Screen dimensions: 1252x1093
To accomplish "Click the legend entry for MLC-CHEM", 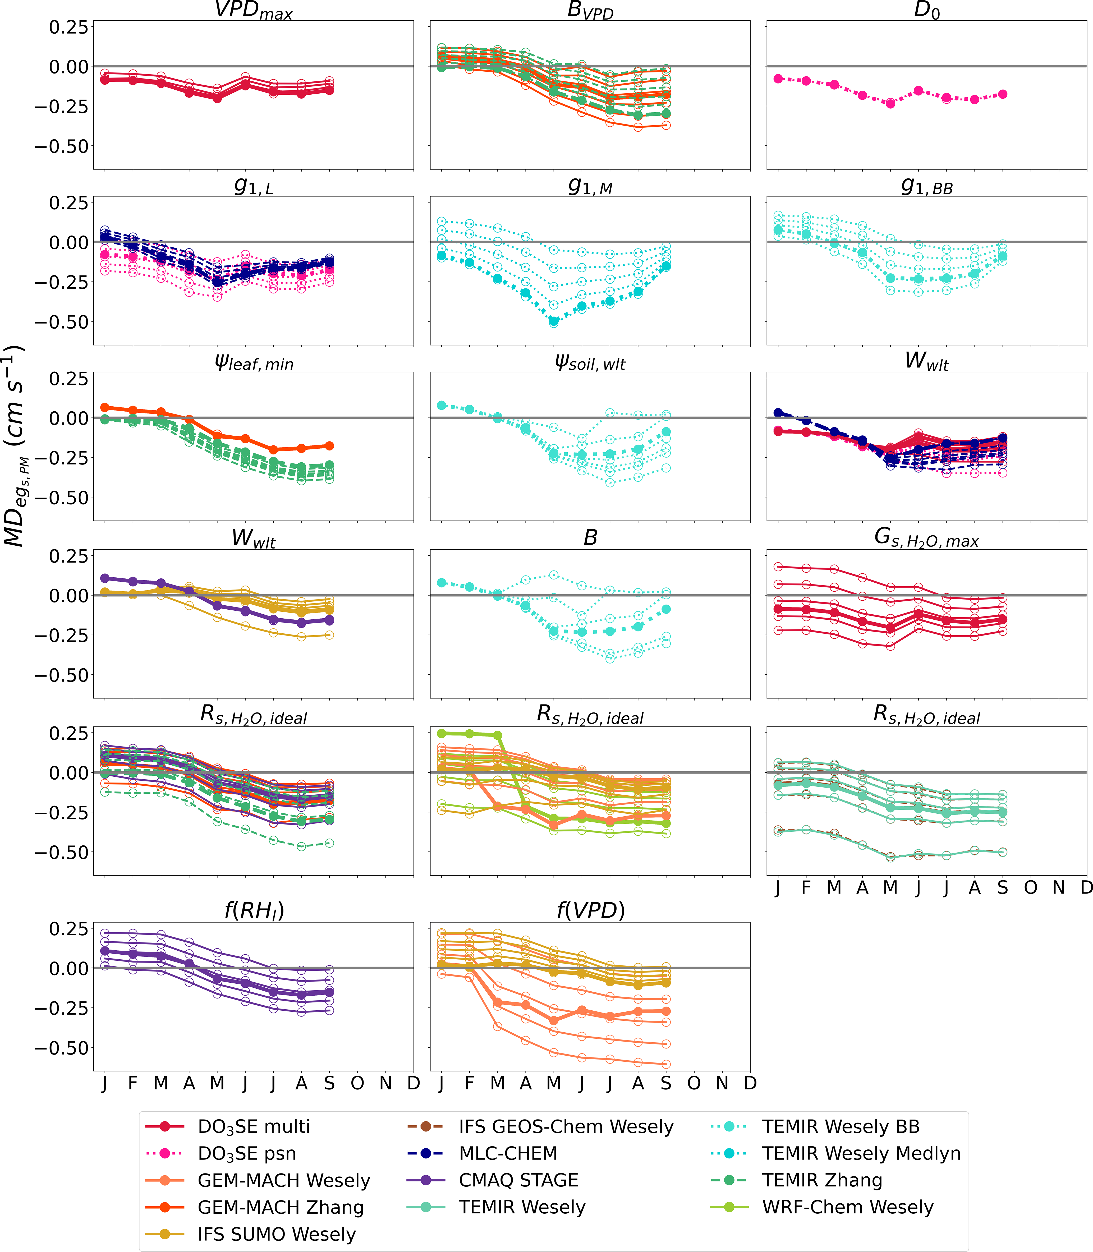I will point(507,1153).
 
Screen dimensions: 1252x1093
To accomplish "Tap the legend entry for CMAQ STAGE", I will point(518,1180).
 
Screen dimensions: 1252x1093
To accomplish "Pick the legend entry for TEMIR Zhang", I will point(821,1180).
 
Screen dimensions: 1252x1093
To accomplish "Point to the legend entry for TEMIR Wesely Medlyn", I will point(861,1153).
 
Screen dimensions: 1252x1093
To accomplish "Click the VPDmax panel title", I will point(253,10).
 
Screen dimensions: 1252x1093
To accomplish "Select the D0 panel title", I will point(926,10).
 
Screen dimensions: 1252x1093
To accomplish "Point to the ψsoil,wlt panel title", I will point(590,363).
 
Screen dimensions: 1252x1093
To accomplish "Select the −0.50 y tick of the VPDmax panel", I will point(61,146).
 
